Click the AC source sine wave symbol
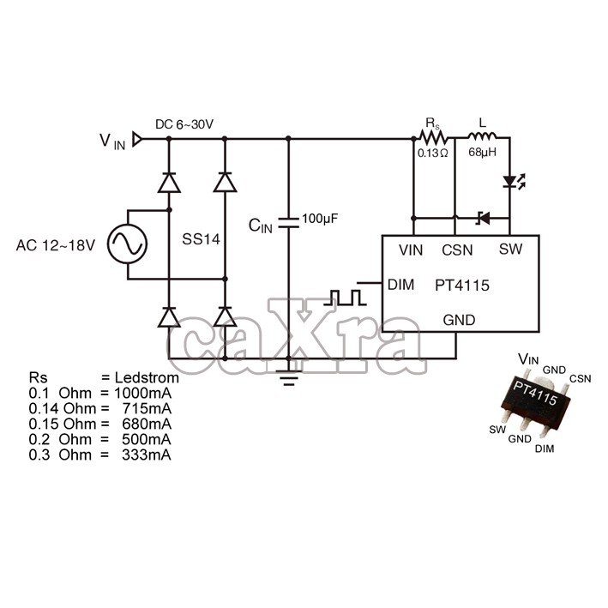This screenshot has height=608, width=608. tap(127, 244)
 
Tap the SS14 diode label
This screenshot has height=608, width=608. tap(202, 240)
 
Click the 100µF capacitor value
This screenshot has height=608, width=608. tap(321, 220)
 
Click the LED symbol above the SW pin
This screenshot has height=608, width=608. tap(511, 183)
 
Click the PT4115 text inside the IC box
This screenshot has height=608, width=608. tap(461, 286)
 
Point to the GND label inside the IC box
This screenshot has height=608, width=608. tap(459, 320)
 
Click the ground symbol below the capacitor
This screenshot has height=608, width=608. tap(288, 374)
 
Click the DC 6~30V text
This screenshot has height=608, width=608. tap(184, 125)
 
